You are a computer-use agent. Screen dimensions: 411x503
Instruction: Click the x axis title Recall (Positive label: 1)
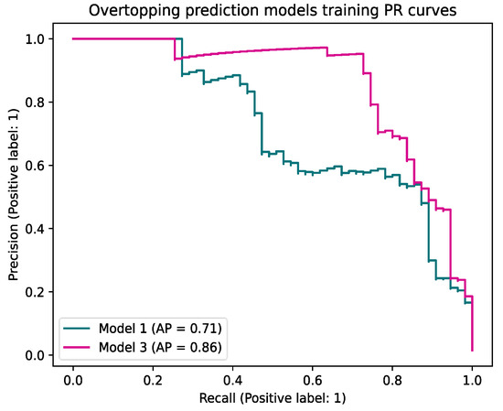(273, 398)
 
